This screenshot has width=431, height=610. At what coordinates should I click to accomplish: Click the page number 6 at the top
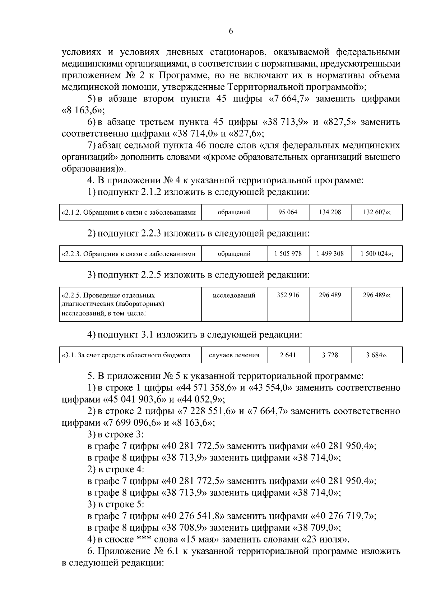[231, 31]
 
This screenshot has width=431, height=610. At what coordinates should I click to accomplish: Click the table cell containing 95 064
[288, 212]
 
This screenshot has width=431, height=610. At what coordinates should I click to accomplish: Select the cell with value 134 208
[330, 212]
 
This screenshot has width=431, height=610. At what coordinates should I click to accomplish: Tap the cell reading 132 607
[377, 212]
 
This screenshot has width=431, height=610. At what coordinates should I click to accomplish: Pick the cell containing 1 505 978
[288, 254]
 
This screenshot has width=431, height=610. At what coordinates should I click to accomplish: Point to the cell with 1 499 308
[330, 254]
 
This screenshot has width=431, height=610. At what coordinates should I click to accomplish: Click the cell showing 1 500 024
[377, 254]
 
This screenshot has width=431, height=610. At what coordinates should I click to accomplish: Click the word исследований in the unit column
[234, 295]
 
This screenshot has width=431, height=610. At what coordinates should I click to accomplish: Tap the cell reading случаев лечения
[234, 355]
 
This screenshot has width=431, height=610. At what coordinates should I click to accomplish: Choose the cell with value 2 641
[288, 355]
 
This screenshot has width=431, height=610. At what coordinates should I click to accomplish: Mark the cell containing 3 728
[330, 355]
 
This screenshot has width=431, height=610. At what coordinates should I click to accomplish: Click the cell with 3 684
[377, 355]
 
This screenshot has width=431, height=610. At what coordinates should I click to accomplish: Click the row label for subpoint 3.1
[126, 355]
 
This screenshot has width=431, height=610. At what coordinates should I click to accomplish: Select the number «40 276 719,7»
[343, 516]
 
